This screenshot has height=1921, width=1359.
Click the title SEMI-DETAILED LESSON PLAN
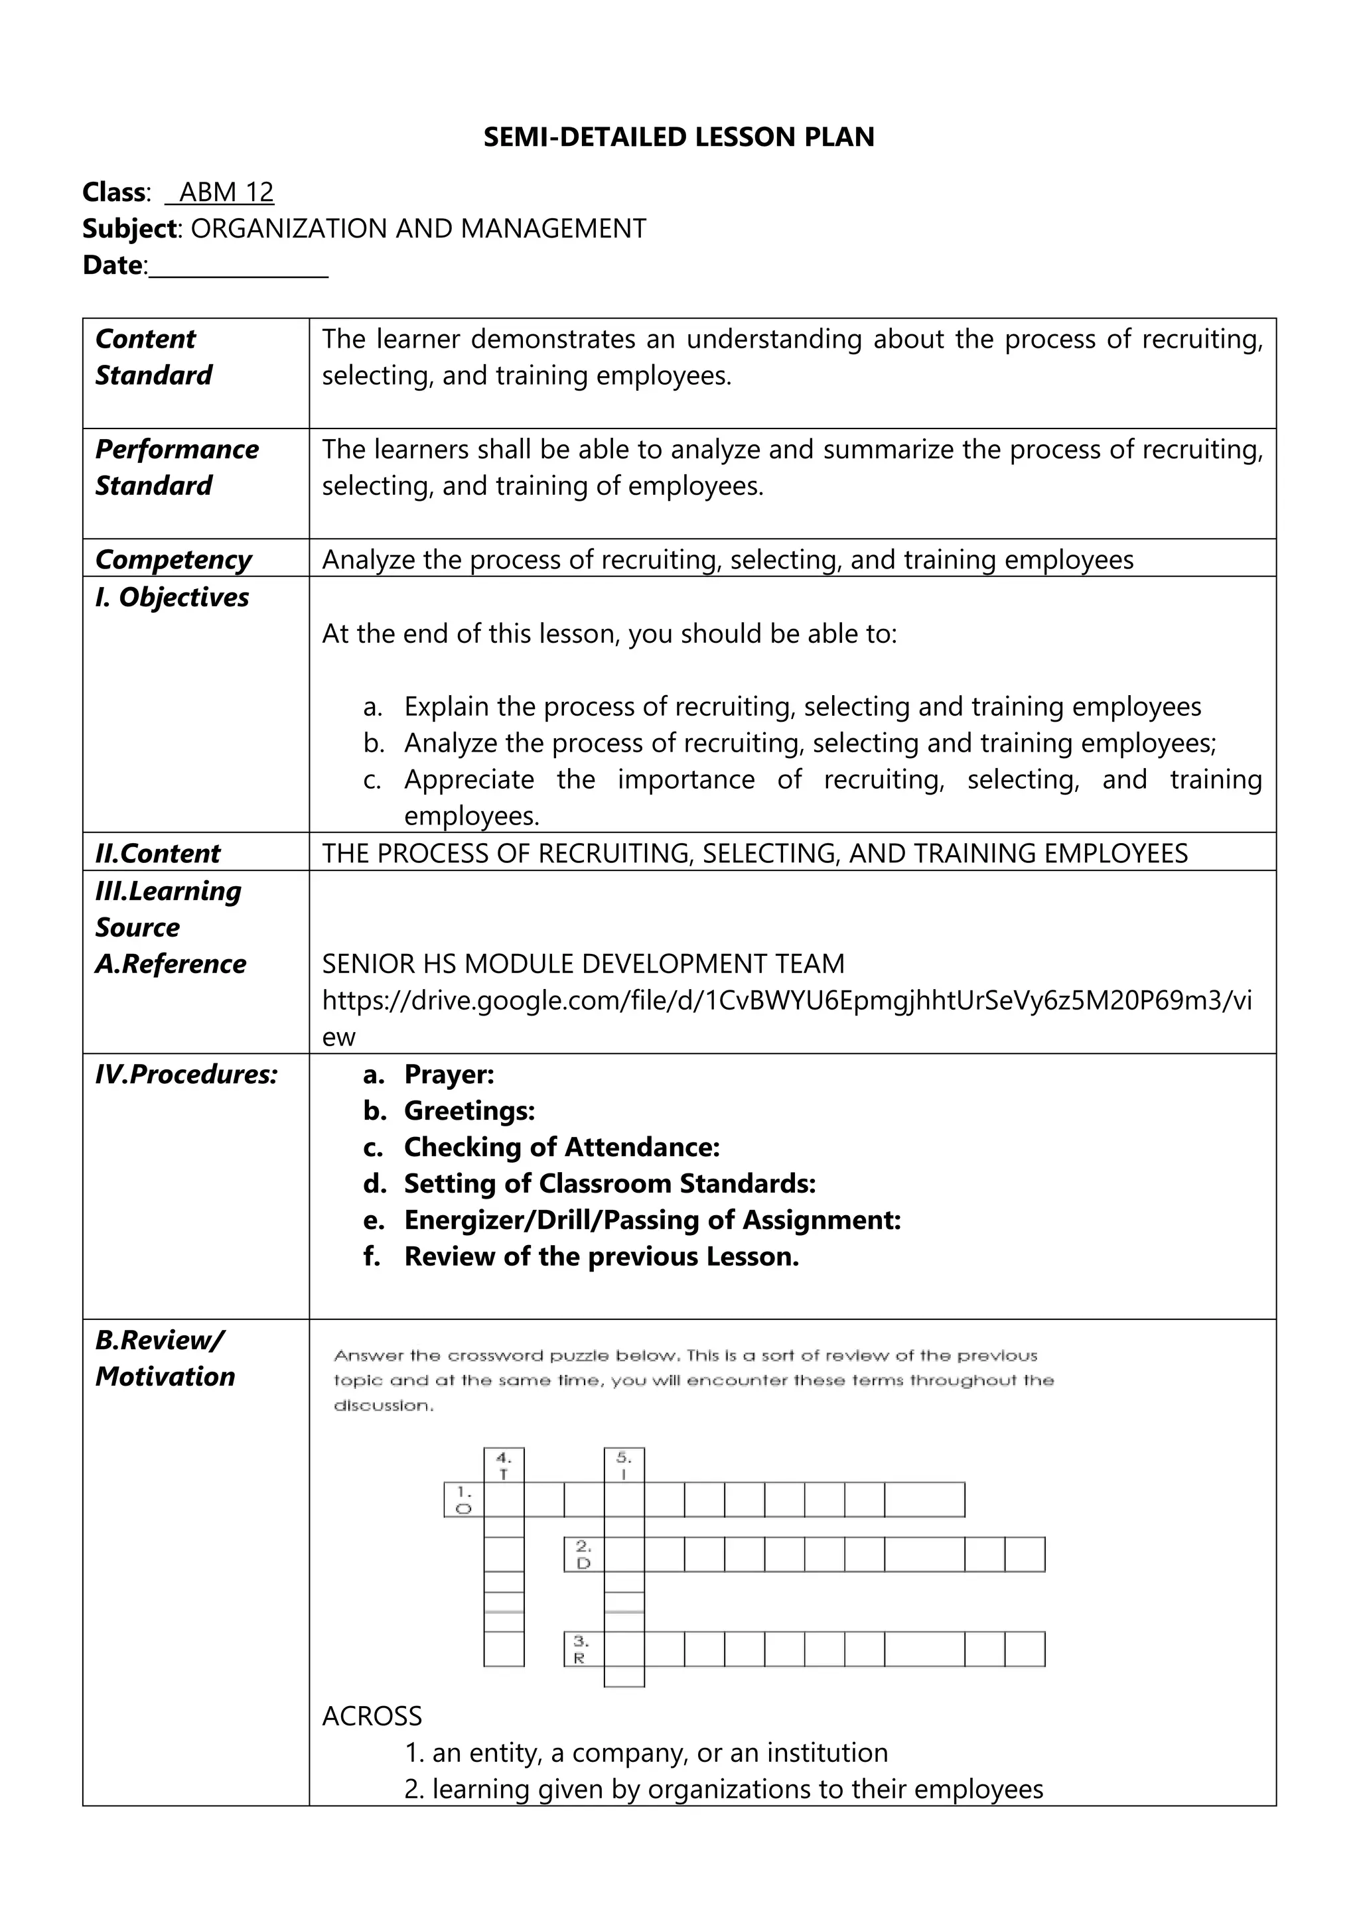(679, 137)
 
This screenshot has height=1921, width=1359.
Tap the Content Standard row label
(153, 358)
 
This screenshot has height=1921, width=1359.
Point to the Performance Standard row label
(177, 467)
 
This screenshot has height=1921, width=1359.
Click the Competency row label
(173, 559)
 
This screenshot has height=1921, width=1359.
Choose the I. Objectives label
(172, 598)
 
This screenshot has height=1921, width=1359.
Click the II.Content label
(157, 854)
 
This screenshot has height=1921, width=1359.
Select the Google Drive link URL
(786, 1001)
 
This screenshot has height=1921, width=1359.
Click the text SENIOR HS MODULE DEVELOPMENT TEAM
(583, 964)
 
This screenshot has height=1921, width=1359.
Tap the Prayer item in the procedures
(449, 1075)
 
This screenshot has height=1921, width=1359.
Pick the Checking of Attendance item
(561, 1147)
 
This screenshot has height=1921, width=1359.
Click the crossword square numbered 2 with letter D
(584, 1555)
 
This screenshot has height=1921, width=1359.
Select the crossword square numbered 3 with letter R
(584, 1649)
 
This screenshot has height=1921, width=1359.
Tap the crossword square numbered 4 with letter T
(504, 1466)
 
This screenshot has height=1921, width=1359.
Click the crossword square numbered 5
(624, 1466)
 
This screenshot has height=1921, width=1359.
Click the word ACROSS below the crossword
(372, 1716)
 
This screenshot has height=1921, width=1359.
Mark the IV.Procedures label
(186, 1075)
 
